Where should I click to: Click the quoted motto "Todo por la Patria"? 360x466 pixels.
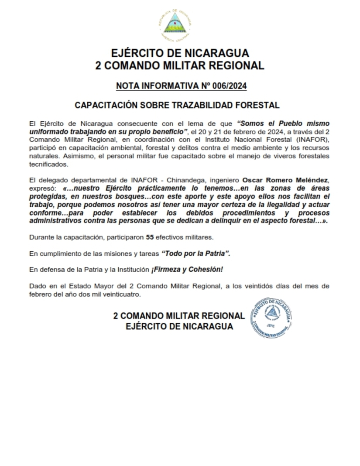click(196, 254)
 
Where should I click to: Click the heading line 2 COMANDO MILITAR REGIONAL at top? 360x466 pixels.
click(180, 66)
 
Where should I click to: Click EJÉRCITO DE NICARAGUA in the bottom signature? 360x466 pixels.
click(179, 326)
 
